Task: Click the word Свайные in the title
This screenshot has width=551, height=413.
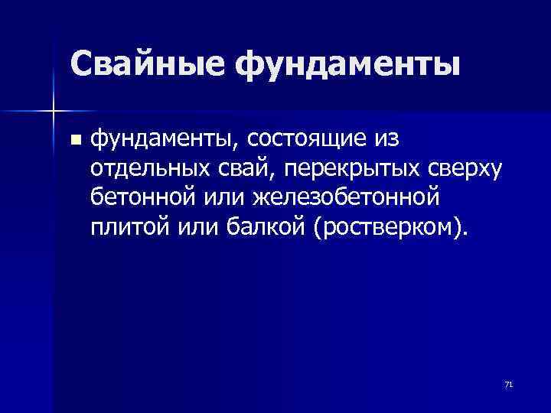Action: [x=147, y=65]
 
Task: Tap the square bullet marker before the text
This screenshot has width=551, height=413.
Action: [x=74, y=140]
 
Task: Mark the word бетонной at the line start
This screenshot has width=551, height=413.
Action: [x=139, y=197]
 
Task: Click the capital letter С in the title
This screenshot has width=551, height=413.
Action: [x=83, y=65]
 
